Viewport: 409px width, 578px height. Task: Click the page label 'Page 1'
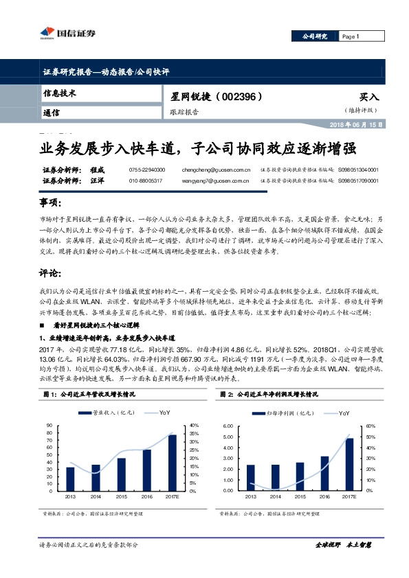351,36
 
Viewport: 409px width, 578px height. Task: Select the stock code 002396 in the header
240,97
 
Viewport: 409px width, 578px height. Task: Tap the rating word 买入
369,97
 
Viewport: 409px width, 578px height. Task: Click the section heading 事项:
52,204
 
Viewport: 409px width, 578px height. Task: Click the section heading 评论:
52,273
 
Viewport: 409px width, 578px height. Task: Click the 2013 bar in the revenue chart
70,478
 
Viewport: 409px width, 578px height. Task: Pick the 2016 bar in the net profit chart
324,472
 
